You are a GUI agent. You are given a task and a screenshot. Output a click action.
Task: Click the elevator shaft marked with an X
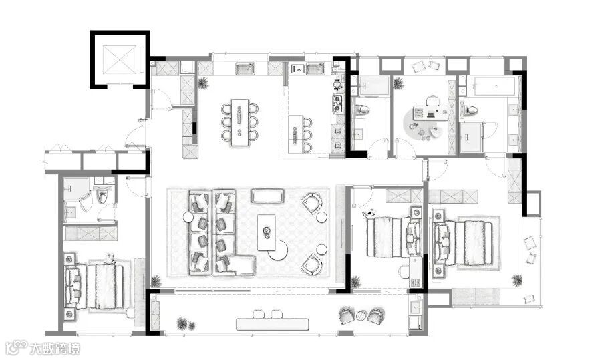pyautogui.click(x=120, y=59)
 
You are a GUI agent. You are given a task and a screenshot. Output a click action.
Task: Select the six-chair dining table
pyautogui.click(x=240, y=122)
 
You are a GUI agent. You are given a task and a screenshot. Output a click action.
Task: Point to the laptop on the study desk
pyautogui.click(x=431, y=114)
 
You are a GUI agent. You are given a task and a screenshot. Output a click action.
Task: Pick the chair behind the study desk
pyautogui.click(x=432, y=101)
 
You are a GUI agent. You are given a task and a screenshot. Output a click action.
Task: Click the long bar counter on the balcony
pyautogui.click(x=272, y=324)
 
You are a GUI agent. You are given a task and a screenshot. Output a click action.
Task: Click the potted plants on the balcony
pyautogui.click(x=185, y=324)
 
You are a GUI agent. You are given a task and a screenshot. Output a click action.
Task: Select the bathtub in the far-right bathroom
pyautogui.click(x=495, y=87)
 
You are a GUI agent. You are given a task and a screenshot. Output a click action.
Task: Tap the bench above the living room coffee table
pyautogui.click(x=267, y=196)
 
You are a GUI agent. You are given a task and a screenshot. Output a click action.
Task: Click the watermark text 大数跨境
pyautogui.click(x=55, y=348)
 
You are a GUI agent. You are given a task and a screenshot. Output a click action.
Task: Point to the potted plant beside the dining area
pyautogui.click(x=202, y=83)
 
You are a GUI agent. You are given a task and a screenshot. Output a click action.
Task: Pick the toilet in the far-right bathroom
pyautogui.click(x=470, y=110)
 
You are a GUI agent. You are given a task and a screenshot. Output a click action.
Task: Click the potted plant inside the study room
pyautogui.click(x=398, y=83)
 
